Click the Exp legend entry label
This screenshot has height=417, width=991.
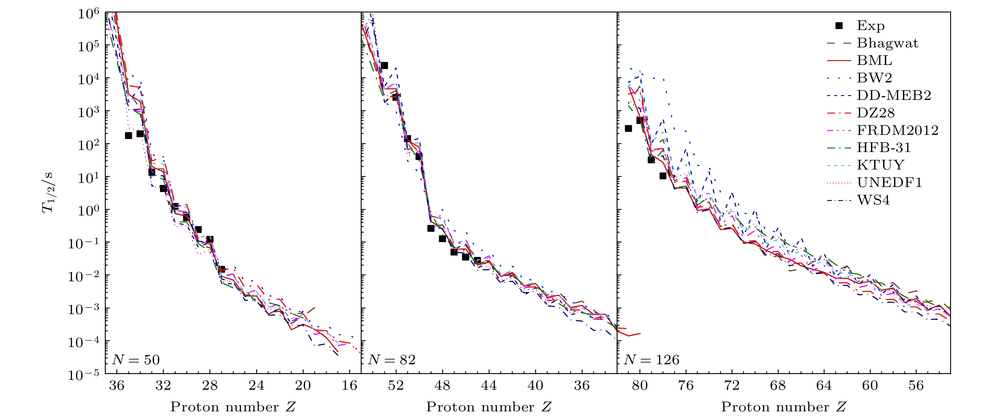[870, 25]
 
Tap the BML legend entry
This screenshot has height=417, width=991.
[874, 60]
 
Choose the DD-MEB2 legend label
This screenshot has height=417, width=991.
[894, 95]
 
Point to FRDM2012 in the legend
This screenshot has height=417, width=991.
[897, 130]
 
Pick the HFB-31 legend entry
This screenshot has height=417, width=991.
[884, 148]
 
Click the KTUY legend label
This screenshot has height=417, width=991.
[881, 165]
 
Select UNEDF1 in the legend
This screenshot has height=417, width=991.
[889, 183]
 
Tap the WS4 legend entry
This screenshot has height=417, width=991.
[873, 200]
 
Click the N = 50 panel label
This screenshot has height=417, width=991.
[136, 360]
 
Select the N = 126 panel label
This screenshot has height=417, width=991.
[651, 360]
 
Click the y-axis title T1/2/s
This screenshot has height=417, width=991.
[48, 193]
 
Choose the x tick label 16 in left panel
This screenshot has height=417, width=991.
[349, 385]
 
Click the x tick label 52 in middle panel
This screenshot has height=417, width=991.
[396, 385]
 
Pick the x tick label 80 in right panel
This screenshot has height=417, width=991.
[640, 385]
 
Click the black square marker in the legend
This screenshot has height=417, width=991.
[839, 25]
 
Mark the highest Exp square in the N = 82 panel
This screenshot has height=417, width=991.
[384, 65]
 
